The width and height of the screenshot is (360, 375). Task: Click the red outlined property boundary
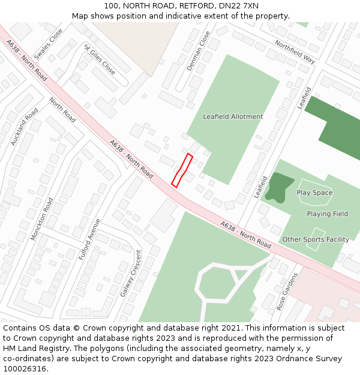pos(182,170)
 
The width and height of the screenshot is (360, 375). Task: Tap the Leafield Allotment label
pos(233,116)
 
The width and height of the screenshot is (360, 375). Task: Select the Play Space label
pos(314,193)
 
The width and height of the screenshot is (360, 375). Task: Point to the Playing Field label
pos(327,214)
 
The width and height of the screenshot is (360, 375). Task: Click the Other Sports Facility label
pos(316,239)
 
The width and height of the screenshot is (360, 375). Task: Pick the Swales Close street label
pos(48,44)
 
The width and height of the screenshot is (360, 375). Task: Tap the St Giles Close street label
pos(100,58)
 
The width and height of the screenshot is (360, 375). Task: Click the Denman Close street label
pos(199,51)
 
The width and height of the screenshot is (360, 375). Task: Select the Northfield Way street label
pos(295,52)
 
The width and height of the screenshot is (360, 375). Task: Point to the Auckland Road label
pos(25,127)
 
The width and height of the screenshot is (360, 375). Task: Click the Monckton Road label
pos(42,219)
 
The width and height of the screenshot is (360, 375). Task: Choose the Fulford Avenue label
pos(89,239)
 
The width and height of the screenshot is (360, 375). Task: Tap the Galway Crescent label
pos(130,273)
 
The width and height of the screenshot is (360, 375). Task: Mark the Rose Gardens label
pos(287,291)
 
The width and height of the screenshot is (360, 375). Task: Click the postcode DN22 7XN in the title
pos(238,6)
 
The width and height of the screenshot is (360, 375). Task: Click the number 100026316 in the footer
pos(25,368)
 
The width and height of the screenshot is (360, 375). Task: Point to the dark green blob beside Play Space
pos(278,185)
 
